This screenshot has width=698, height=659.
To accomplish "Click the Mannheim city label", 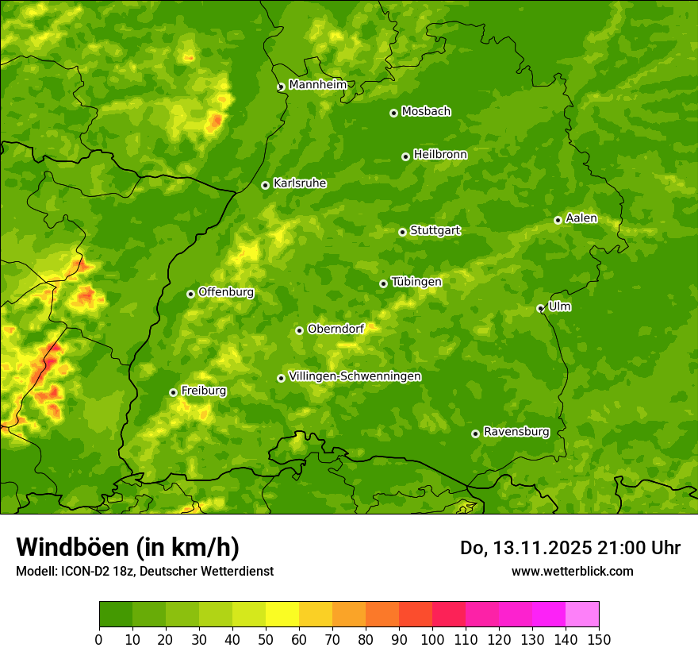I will (317, 85).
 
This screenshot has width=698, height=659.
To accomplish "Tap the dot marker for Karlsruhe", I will (266, 185).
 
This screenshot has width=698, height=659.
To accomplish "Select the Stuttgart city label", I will (435, 231).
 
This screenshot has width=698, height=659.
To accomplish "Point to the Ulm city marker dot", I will (541, 308).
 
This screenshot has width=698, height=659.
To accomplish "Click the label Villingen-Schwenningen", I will (355, 376).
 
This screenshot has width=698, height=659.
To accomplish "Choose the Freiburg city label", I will (203, 391).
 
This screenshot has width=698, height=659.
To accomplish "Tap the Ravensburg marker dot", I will (476, 434).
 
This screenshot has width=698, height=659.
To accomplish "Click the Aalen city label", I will (581, 218).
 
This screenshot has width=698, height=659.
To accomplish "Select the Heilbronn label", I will (440, 155).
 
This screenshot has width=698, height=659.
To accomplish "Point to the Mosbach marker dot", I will (393, 113).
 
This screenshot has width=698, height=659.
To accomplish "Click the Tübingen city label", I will (416, 282).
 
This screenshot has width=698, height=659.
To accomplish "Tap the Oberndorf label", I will (336, 329).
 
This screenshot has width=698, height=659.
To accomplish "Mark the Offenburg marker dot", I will (190, 294).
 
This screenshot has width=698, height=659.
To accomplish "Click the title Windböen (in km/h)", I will (127, 548).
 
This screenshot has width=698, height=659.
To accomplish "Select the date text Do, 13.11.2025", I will (523, 548).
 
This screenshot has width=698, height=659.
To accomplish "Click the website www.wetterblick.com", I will (572, 571).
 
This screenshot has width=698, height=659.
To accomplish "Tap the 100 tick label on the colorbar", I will (432, 639).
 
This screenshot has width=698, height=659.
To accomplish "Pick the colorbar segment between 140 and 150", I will (582, 615).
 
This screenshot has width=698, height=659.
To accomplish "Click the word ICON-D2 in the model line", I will (82, 571).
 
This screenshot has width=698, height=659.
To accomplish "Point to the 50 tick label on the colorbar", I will (266, 639).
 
